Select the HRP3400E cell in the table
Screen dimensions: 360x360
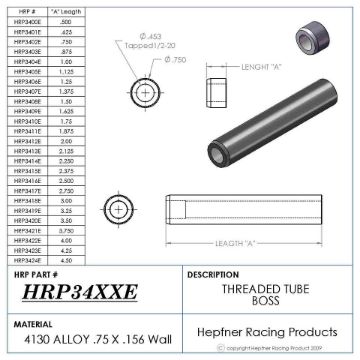click(28, 20)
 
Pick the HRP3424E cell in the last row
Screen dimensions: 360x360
click(28, 259)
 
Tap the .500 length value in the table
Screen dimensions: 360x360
click(65, 20)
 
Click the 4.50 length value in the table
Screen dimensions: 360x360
click(65, 259)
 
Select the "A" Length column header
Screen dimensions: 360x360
click(65, 10)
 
